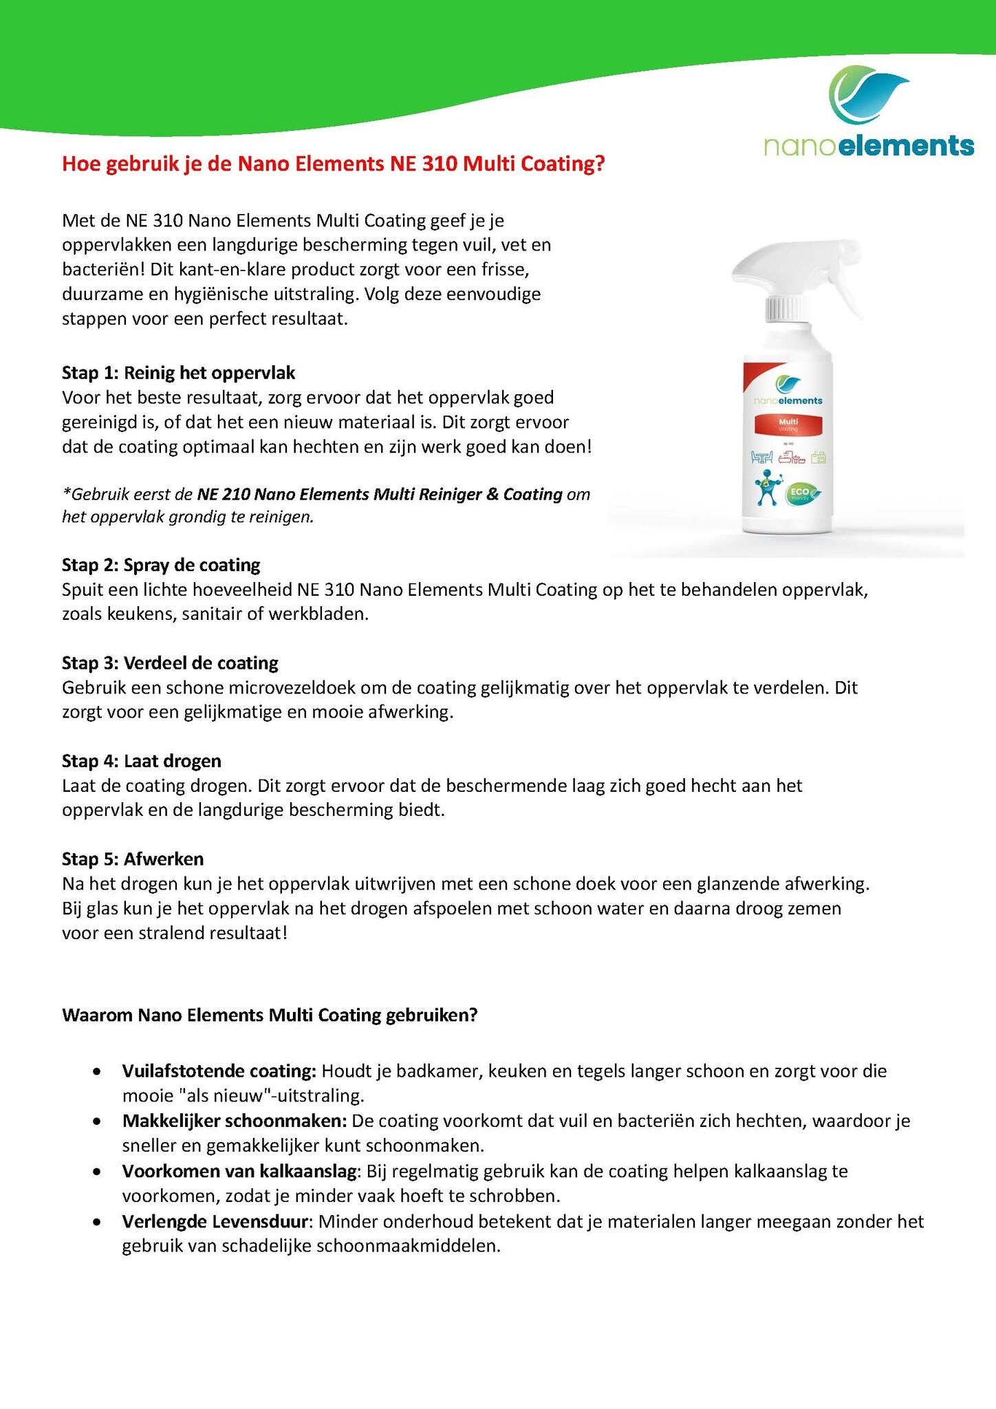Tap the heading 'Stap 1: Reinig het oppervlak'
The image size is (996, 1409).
pyautogui.click(x=178, y=373)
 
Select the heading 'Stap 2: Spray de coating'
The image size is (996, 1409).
pyautogui.click(x=161, y=565)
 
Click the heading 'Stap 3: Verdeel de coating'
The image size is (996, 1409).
pyautogui.click(x=170, y=663)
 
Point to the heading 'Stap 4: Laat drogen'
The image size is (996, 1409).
pyautogui.click(x=142, y=760)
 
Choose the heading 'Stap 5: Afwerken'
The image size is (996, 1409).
pyautogui.click(x=133, y=859)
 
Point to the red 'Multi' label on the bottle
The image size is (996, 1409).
pyautogui.click(x=788, y=424)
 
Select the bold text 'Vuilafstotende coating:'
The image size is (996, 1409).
pyautogui.click(x=219, y=1071)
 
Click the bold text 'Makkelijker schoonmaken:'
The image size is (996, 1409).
pyautogui.click(x=234, y=1121)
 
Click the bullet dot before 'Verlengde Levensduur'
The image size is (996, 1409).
pyautogui.click(x=99, y=1223)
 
